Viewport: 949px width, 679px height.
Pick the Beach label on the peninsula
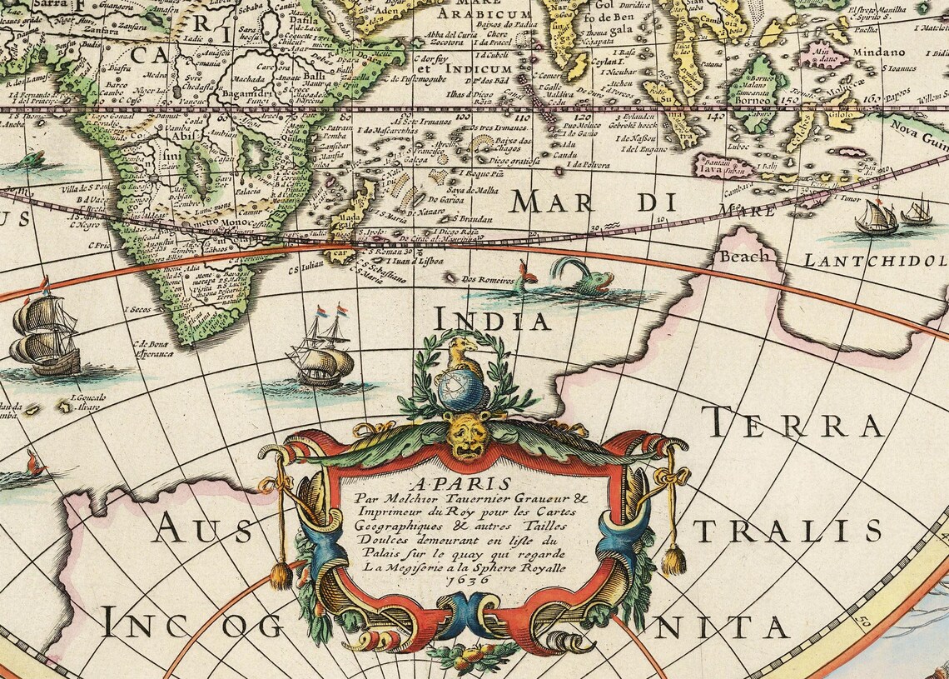744,257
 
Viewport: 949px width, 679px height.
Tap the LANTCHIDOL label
874,261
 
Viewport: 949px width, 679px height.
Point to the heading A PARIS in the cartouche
467,483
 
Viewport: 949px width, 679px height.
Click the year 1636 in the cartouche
466,579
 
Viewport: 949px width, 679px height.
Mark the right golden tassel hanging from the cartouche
673,559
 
